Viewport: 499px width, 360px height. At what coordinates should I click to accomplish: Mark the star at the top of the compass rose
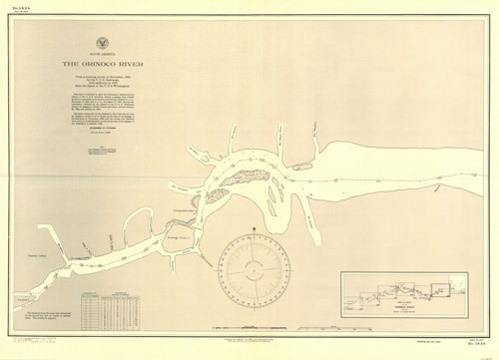click(x=250, y=231)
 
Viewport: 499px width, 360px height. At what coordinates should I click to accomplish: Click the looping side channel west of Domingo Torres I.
click(x=140, y=224)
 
